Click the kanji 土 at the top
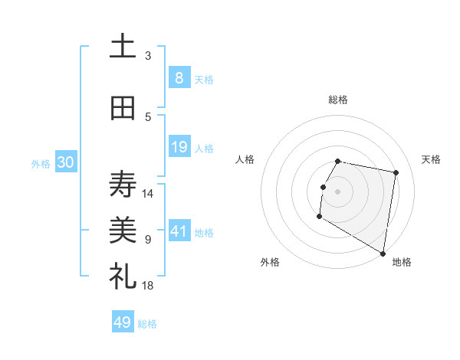[x=123, y=47]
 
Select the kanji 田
[x=123, y=108]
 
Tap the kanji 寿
[x=123, y=185]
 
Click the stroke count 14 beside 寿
[x=149, y=193]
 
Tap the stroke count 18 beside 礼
[x=149, y=285]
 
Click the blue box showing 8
[x=179, y=78]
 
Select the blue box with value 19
[x=179, y=147]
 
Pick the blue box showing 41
[x=179, y=231]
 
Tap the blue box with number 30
[x=65, y=163]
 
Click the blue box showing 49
[x=123, y=322]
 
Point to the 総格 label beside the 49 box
[x=147, y=324]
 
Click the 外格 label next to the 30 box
[x=41, y=164]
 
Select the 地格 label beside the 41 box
[x=204, y=232]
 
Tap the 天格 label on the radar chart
[x=432, y=159]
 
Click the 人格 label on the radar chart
[x=245, y=159]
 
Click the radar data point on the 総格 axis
[x=338, y=161]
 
